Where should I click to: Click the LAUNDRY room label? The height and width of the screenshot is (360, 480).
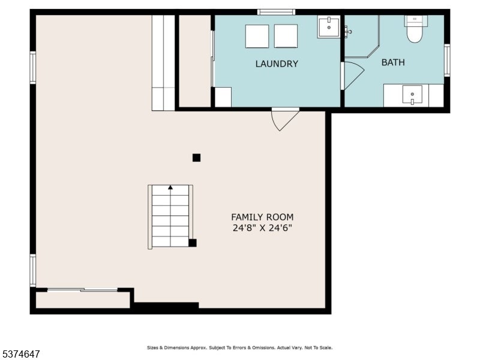(277, 64)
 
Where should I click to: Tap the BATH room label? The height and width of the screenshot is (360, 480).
(393, 62)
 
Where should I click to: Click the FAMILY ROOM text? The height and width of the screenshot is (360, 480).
(262, 217)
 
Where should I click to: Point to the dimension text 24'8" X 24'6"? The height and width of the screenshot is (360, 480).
(262, 228)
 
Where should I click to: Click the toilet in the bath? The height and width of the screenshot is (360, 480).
(415, 29)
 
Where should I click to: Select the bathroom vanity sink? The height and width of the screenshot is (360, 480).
(412, 95)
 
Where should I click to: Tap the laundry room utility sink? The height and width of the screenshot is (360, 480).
(328, 27)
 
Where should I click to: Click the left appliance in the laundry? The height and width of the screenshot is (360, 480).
(257, 36)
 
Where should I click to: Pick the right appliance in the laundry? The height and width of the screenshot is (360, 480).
(286, 36)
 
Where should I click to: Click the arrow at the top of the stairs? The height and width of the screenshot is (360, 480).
(170, 187)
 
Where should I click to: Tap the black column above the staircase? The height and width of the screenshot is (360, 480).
(197, 158)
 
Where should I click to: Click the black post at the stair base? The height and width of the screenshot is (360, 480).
(193, 243)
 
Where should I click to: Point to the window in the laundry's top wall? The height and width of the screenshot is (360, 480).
(276, 12)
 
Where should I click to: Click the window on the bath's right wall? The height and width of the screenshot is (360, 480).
(447, 61)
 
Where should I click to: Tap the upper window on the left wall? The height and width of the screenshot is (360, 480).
(33, 67)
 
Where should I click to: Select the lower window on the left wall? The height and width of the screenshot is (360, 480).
(33, 271)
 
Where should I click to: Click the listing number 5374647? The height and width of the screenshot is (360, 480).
(20, 354)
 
